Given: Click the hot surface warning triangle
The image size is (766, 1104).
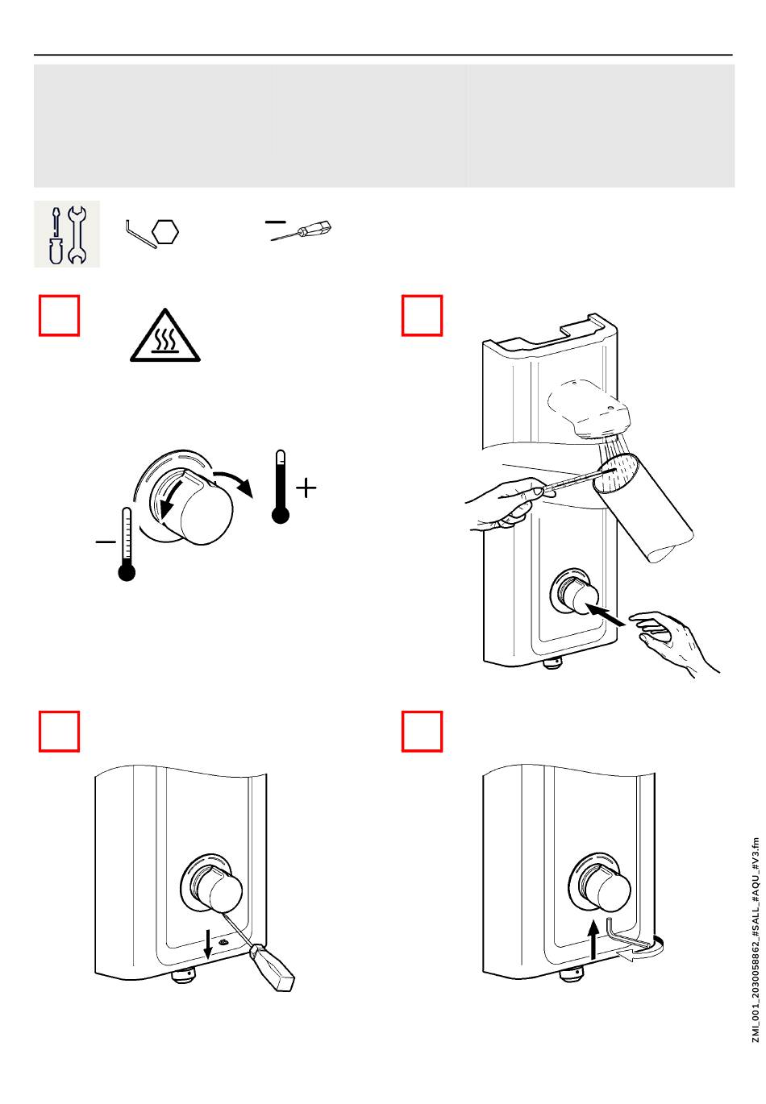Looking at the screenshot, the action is coord(165,337).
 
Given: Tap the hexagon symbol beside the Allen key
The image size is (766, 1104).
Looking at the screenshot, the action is coord(164,232).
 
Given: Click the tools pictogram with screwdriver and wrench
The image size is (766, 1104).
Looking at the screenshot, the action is coord(67,234).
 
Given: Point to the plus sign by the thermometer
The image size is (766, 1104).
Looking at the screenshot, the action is coord(306,488).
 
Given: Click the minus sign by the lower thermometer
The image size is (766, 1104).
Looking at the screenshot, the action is coord(106,542).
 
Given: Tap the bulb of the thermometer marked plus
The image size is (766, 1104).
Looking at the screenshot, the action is coord(281,513).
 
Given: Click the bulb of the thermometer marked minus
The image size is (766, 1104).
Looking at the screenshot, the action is coord(127,571).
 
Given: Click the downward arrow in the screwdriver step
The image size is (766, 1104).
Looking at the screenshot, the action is coord(210,942).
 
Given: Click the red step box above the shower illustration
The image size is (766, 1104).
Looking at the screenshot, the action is coord(423,315).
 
